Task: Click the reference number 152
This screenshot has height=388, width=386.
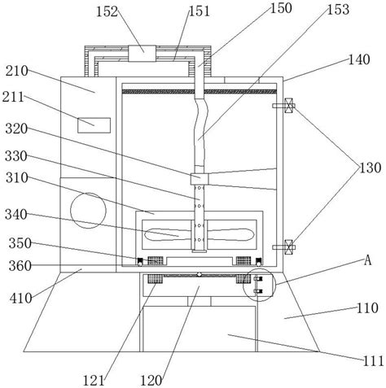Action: [x=107, y=12]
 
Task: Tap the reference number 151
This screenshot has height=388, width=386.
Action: [x=199, y=11]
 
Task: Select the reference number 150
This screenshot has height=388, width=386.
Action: [x=281, y=8]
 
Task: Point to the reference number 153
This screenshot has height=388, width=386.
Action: [x=338, y=10]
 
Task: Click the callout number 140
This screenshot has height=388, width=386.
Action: [x=359, y=59]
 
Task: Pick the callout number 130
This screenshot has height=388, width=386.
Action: [x=371, y=168]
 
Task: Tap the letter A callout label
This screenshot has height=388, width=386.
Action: [x=367, y=260]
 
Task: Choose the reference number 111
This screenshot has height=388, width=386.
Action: [x=374, y=361]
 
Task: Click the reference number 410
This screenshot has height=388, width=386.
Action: [x=20, y=299]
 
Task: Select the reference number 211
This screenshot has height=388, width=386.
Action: [x=13, y=97]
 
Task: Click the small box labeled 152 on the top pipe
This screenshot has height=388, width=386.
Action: [x=142, y=54]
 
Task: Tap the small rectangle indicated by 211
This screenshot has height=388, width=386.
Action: [x=94, y=125]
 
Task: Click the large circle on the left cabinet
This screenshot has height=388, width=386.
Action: [x=88, y=211]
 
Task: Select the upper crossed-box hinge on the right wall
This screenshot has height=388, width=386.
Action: [x=288, y=106]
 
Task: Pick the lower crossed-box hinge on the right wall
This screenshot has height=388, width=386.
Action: [x=288, y=247]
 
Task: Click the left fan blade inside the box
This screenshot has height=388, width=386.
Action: [x=168, y=235]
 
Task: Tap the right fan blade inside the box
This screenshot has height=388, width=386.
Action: [x=230, y=235]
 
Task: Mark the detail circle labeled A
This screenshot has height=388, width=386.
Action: [x=259, y=285]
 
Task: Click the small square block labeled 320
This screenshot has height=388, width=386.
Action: [x=200, y=179]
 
